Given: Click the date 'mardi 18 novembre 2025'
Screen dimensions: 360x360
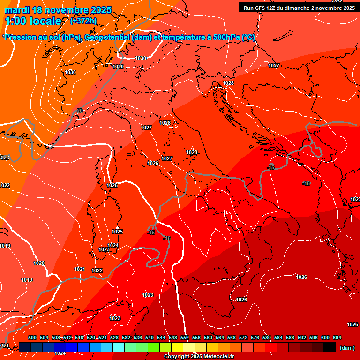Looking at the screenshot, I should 59,10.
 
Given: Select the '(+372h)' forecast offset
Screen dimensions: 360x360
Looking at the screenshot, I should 83,21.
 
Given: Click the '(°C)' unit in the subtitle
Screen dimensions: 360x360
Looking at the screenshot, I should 248,37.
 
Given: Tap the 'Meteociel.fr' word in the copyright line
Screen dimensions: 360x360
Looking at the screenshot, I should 216,357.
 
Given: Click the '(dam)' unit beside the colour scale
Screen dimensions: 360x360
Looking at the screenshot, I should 347,347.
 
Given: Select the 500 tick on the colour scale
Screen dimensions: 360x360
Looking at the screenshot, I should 32,338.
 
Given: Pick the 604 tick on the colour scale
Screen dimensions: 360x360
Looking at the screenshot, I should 337,338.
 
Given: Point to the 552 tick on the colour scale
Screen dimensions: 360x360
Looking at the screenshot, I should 185,338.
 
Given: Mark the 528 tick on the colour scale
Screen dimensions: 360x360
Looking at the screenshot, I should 114,338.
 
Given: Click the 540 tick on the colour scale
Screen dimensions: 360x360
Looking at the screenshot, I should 150,338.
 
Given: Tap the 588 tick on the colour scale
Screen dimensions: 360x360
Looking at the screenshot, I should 290,338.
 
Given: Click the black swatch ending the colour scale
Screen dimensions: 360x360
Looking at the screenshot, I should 330,347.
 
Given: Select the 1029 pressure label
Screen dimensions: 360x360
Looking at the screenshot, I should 118,67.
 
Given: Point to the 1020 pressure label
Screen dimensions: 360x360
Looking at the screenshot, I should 39,263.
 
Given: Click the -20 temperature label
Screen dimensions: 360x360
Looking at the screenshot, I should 79,111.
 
